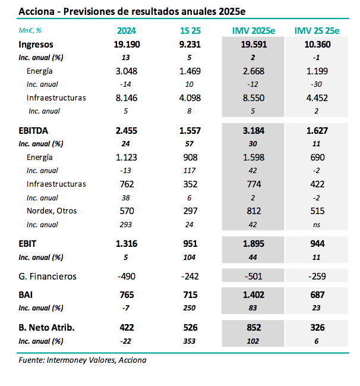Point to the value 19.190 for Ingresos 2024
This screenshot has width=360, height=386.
(125, 44)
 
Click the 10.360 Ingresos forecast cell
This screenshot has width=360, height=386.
(317, 44)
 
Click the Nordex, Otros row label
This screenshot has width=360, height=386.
(52, 211)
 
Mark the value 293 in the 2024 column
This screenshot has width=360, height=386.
(125, 224)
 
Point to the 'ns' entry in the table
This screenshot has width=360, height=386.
(317, 224)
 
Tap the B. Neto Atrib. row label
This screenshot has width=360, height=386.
(47, 327)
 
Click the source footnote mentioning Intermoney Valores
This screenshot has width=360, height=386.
(83, 360)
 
